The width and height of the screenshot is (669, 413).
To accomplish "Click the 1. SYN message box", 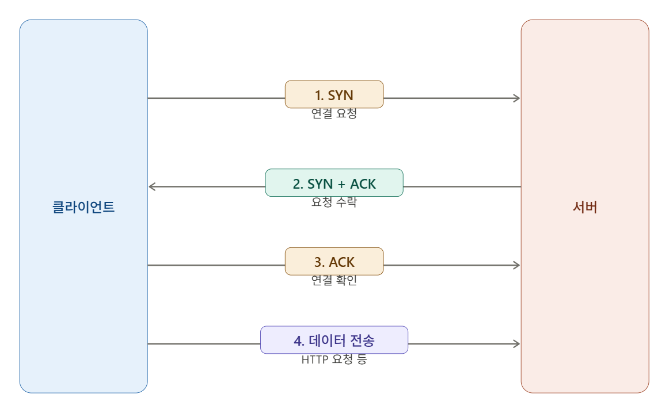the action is tap(334, 94).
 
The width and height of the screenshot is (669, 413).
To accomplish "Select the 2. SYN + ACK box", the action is tap(334, 183).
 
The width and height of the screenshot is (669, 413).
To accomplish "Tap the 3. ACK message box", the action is tap(334, 261).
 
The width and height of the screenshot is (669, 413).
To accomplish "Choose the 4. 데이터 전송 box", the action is tap(334, 340).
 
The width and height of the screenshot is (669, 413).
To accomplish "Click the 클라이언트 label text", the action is tap(83, 207).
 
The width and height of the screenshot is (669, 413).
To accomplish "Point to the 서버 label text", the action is tap(585, 207).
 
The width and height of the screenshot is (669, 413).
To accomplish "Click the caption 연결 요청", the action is tap(334, 113).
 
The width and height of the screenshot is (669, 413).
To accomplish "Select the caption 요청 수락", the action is tap(334, 202).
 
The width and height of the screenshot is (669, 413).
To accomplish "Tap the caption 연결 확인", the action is tap(334, 281).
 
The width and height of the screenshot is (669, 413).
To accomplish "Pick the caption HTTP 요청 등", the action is tap(334, 360).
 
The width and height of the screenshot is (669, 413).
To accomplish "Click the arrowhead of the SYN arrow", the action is tap(517, 98).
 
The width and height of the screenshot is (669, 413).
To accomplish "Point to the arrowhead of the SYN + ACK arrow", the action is tap(152, 187).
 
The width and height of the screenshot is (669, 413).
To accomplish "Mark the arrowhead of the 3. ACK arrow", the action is tap(517, 266).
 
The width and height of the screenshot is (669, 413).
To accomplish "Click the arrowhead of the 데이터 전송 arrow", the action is tap(517, 344).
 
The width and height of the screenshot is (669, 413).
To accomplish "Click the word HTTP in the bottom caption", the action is tap(315, 360).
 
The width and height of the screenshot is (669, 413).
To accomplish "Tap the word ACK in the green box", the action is tap(363, 184).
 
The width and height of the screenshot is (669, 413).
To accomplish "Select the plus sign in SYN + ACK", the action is tap(341, 185).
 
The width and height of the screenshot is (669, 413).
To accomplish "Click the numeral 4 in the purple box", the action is tap(298, 341).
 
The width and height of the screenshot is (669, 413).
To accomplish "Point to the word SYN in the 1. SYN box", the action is tap(340, 95).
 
